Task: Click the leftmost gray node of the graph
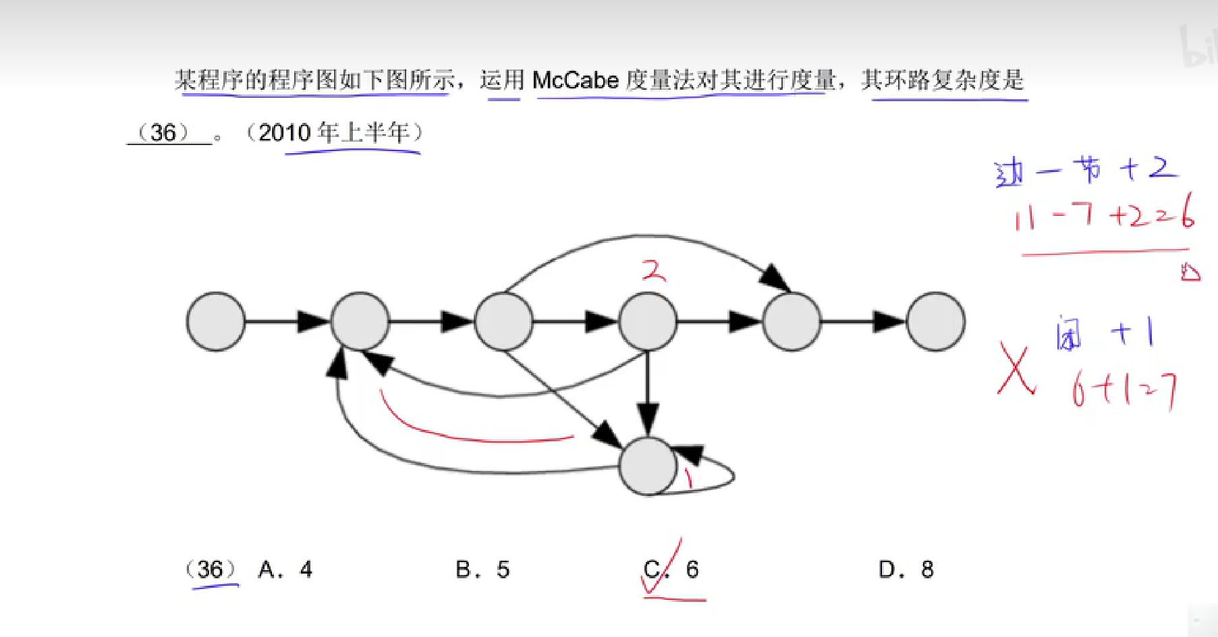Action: point(216,322)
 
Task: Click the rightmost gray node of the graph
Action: point(935,322)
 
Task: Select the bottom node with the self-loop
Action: point(648,466)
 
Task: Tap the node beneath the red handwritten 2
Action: point(648,322)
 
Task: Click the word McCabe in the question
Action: point(575,80)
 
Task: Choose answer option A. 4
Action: point(285,570)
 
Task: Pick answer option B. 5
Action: point(482,570)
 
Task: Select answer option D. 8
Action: point(906,570)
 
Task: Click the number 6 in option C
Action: point(692,570)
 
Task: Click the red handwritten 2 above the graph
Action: point(653,271)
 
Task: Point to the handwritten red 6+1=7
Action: point(1124,390)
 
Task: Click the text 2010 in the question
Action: point(284,132)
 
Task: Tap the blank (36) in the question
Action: point(164,132)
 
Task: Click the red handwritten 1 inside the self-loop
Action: point(688,478)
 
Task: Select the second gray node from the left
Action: point(360,322)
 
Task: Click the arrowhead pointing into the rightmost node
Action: point(889,322)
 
